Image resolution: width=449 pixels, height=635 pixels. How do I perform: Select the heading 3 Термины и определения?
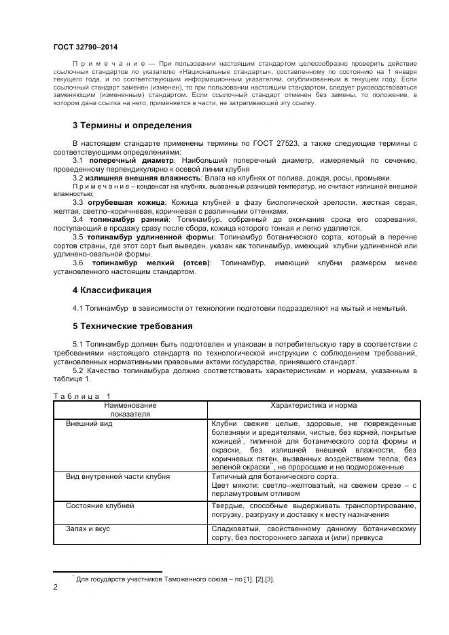pyautogui.click(x=132, y=126)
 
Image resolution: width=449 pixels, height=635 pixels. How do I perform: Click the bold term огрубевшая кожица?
pyautogui.click(x=126, y=203)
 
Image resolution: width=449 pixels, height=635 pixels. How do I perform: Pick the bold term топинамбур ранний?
pyautogui.click(x=128, y=220)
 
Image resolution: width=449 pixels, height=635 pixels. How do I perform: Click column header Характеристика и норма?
pyautogui.click(x=313, y=405)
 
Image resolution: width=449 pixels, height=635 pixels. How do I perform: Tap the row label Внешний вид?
pyautogui.click(x=89, y=423)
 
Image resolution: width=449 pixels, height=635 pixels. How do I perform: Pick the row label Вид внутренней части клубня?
pyautogui.click(x=117, y=477)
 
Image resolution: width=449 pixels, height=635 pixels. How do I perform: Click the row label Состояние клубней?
pyautogui.click(x=100, y=506)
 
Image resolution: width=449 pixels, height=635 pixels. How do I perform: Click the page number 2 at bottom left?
pyautogui.click(x=56, y=589)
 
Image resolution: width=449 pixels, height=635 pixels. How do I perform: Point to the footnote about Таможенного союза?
pyautogui.click(x=175, y=579)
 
